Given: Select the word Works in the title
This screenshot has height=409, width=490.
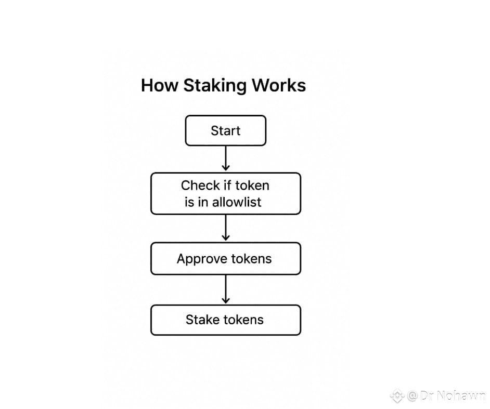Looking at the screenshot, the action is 279,85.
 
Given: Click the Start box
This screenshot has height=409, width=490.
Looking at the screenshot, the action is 225,130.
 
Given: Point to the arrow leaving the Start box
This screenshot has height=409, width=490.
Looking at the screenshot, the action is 225,158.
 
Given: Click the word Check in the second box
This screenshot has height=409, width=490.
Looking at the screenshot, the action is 200,186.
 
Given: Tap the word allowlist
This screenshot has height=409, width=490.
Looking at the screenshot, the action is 236,202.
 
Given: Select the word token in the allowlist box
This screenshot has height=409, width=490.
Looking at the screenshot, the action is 252,186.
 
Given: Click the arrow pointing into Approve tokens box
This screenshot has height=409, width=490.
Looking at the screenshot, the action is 225,228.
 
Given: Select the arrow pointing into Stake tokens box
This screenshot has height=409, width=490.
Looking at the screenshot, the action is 225,290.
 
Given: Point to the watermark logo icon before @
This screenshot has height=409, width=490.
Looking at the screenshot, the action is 397,396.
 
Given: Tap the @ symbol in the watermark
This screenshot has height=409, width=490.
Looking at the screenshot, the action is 412,396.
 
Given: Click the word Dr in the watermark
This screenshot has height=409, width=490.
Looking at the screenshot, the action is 427,396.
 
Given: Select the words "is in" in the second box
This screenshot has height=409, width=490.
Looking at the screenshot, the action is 197,202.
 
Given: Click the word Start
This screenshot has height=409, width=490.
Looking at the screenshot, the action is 225,130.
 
